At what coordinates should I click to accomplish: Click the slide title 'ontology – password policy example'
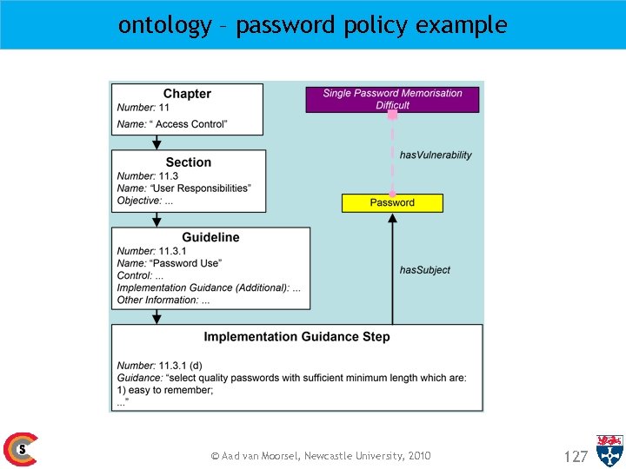[312, 25]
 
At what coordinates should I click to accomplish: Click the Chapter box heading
[187, 94]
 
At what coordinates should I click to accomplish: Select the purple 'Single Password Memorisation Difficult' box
[392, 99]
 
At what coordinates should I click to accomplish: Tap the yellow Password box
[392, 202]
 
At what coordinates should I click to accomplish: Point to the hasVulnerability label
[436, 155]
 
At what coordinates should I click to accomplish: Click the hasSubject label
[424, 270]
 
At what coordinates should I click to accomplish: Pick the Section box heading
[188, 162]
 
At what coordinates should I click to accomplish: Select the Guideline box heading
[210, 237]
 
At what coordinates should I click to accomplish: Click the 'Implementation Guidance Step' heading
[296, 337]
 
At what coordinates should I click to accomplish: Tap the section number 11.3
[169, 175]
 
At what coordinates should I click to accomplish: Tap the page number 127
[576, 456]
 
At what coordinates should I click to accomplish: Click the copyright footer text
[321, 456]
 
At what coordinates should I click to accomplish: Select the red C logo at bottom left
[19, 449]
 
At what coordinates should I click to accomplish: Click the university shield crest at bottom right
[609, 450]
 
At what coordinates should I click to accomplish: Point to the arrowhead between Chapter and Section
[156, 144]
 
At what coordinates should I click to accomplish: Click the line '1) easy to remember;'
[164, 390]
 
